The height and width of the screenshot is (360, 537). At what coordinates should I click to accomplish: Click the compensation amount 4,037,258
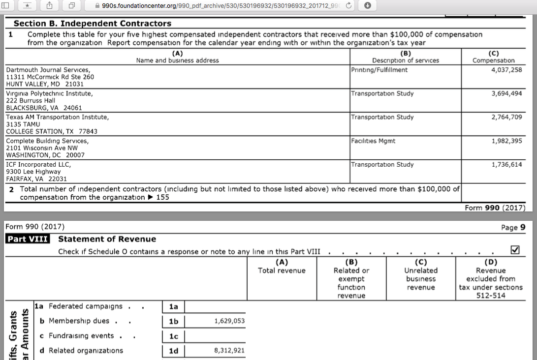tap(506, 70)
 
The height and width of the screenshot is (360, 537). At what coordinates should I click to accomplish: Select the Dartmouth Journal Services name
tap(48, 70)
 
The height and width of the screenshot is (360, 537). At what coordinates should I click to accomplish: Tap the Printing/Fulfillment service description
tap(379, 70)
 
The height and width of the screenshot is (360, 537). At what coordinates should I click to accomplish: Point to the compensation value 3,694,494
tap(506, 93)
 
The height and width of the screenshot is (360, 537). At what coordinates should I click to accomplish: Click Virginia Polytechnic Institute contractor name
tap(49, 93)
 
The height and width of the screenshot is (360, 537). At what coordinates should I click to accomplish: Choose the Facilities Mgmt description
tap(373, 141)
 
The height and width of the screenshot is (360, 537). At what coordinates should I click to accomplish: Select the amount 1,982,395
tap(506, 141)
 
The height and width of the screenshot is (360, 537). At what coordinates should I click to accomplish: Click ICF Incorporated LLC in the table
tap(38, 165)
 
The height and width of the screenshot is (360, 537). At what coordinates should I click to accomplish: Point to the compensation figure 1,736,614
tap(506, 165)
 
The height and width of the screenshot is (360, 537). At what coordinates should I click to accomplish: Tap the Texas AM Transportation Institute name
tap(58, 118)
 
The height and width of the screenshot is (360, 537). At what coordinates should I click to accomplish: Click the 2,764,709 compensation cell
tap(506, 118)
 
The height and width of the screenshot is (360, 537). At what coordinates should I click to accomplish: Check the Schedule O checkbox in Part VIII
tap(515, 250)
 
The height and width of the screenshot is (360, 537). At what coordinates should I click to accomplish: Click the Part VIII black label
tap(27, 240)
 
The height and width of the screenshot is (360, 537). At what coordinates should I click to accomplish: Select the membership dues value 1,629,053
tap(229, 321)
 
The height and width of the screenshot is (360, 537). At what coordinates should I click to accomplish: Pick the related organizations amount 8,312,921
tap(229, 351)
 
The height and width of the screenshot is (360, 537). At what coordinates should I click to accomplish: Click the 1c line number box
tap(173, 336)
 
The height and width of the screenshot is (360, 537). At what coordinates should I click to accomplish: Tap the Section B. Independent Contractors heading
tap(93, 24)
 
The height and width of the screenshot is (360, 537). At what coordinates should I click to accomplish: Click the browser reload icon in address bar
tap(349, 6)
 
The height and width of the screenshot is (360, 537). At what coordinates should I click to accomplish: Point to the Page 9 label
tap(513, 228)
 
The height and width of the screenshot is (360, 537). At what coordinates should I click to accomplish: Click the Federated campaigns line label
tap(85, 306)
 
